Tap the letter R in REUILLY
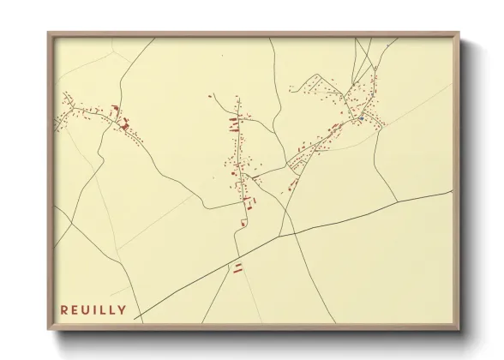[64, 309]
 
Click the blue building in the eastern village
[361, 117]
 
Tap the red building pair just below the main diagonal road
[238, 268]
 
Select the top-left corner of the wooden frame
[48, 33]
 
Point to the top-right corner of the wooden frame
[462, 33]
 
